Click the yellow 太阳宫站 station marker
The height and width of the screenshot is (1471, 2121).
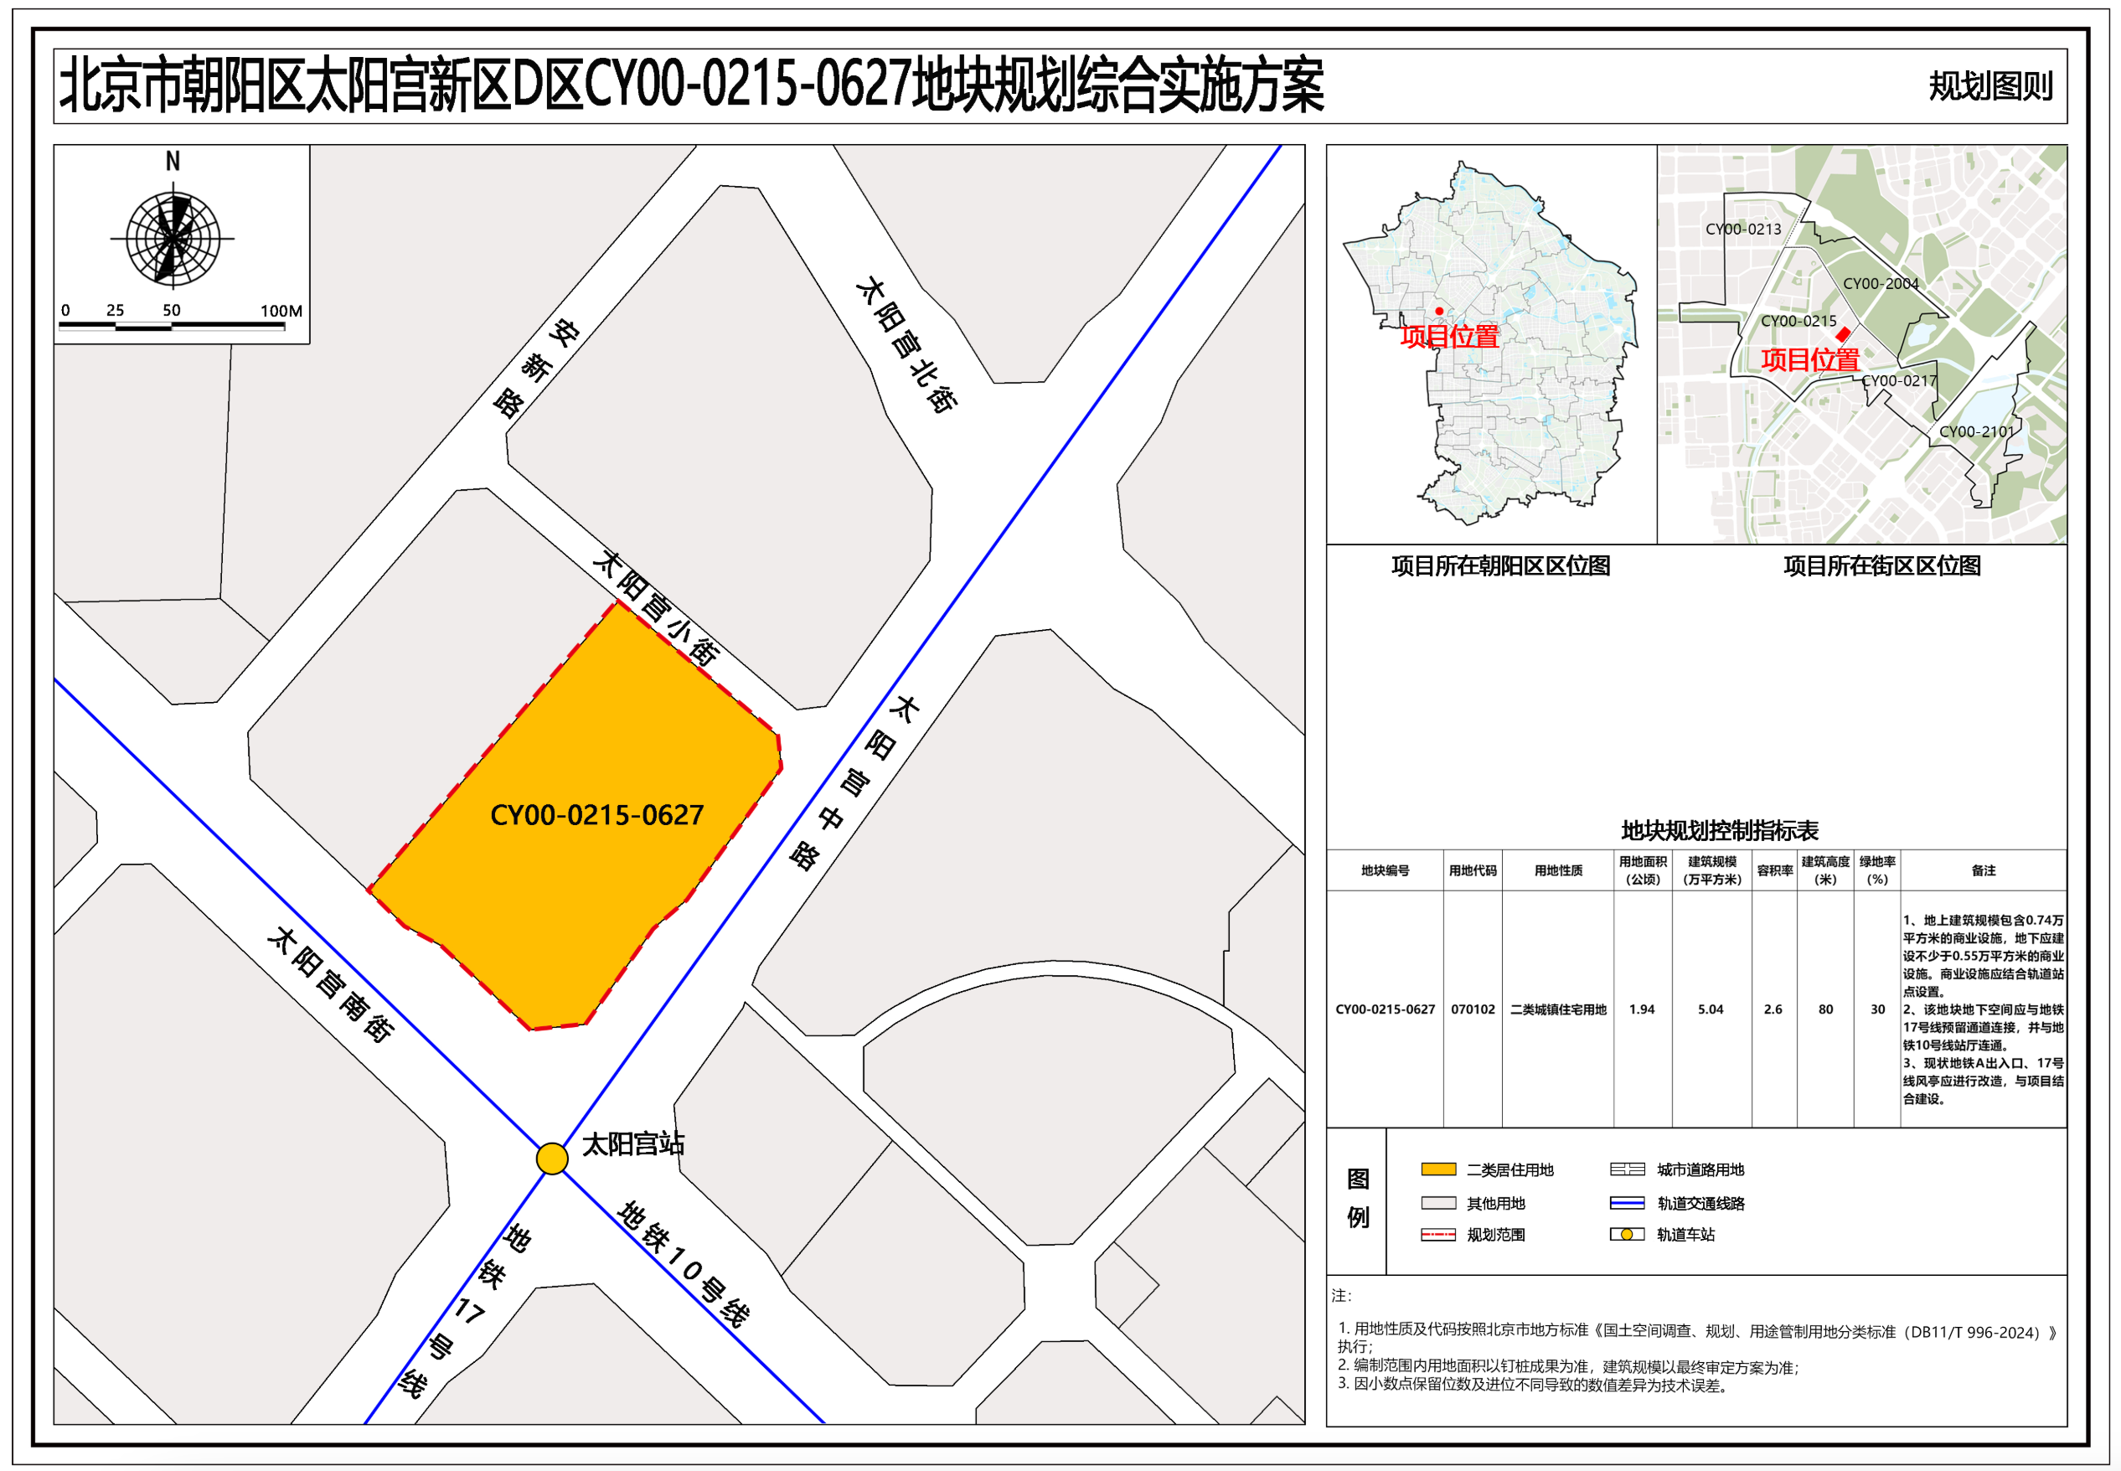click(552, 1159)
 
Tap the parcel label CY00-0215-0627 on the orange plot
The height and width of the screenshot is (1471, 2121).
click(596, 815)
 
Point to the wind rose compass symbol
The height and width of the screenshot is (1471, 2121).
click(173, 238)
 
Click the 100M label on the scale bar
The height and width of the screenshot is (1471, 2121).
click(281, 311)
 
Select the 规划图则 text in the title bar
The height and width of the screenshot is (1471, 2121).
click(1991, 86)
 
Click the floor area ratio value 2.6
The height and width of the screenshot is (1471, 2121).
click(1773, 1009)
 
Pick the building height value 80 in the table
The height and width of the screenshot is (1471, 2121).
click(1825, 1009)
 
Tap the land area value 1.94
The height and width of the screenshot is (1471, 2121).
click(1641, 1009)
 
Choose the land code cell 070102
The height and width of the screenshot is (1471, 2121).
click(1473, 1009)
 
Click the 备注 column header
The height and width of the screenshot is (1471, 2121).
click(1983, 870)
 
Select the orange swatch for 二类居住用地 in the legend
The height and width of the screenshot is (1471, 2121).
click(1438, 1169)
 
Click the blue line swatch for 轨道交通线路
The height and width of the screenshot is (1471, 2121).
click(1626, 1203)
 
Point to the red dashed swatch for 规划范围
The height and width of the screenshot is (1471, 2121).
click(1438, 1235)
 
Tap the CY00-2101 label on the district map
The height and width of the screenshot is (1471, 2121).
click(1976, 431)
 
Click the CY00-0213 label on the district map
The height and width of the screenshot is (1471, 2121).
click(1743, 230)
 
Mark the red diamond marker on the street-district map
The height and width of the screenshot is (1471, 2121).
click(1843, 334)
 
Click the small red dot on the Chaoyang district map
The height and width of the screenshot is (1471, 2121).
click(1439, 311)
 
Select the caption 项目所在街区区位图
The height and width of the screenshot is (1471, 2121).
click(1881, 566)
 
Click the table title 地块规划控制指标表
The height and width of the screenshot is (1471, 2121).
click(1719, 830)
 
